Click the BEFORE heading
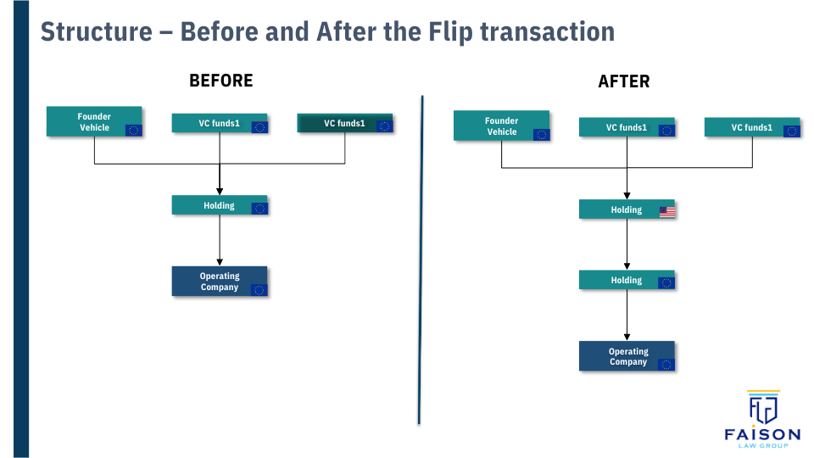point(220,81)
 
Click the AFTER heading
point(624,82)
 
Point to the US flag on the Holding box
point(667,211)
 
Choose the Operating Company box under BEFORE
point(220,282)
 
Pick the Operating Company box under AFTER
point(627,356)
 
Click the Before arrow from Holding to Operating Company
point(220,241)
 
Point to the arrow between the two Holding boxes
point(627,245)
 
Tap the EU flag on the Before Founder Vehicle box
point(133,130)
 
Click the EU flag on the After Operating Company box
point(666,365)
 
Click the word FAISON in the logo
point(762,434)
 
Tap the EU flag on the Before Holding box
point(259,208)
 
